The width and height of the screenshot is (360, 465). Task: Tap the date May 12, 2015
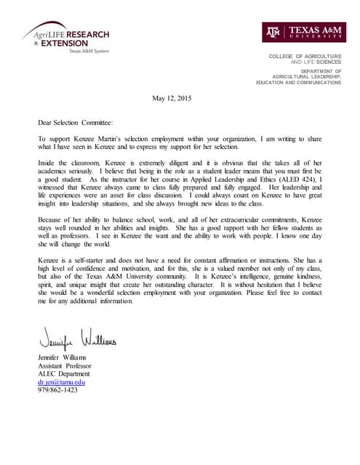click(x=173, y=98)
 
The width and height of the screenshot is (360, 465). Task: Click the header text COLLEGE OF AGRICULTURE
click(x=305, y=57)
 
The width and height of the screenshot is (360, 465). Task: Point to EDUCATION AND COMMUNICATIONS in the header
click(x=298, y=83)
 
